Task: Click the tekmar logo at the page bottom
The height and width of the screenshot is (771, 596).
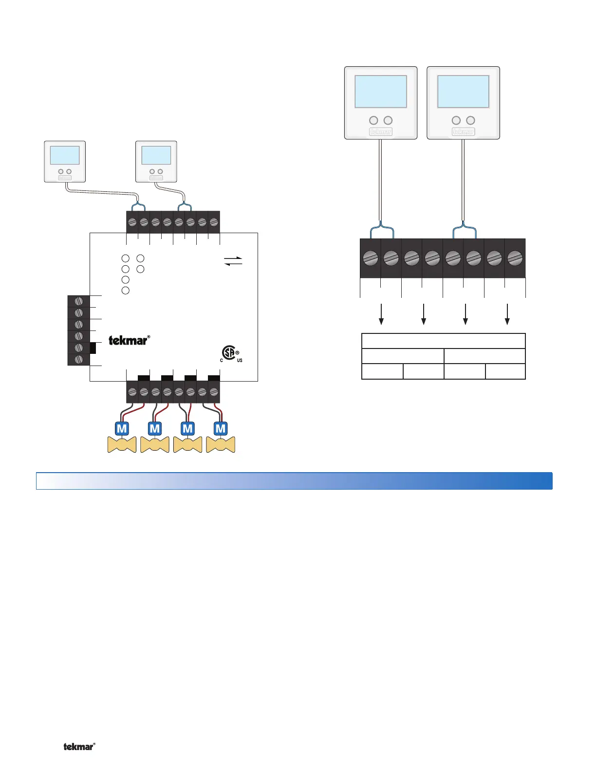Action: coord(79,746)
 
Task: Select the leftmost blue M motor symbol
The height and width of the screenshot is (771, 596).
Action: coord(122,429)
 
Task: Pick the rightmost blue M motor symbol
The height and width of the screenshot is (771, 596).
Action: coord(221,429)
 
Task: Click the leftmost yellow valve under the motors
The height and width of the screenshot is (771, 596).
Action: coord(122,444)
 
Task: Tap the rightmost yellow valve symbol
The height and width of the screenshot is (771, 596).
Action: coord(221,444)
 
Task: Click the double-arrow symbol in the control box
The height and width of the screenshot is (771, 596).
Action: coord(233,261)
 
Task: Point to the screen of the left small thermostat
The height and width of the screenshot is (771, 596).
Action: coord(65,155)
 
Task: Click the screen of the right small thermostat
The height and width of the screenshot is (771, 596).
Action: coord(156,155)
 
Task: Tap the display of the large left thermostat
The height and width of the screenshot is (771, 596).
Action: coord(381,92)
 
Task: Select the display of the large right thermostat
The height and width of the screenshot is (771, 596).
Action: coord(463,92)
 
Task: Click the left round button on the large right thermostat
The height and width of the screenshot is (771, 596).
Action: coord(456,120)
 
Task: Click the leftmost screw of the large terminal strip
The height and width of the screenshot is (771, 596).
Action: coord(371,258)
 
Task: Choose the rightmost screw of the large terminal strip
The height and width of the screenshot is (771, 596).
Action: coord(515,258)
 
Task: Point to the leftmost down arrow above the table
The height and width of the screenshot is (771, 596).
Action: coord(382,314)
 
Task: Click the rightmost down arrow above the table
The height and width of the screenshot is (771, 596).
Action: coord(507,314)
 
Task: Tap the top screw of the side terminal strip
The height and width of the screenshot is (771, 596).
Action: coord(78,301)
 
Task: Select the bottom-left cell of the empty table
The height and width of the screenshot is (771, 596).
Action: coord(382,371)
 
